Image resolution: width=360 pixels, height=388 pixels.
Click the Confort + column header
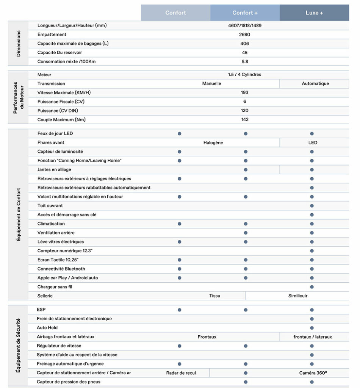[x=245, y=13]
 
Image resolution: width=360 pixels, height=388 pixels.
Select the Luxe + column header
[x=314, y=13]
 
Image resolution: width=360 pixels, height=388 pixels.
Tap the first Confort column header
[x=175, y=13]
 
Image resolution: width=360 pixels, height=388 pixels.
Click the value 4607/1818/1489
[x=244, y=25]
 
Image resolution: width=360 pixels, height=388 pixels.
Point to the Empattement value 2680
[x=244, y=34]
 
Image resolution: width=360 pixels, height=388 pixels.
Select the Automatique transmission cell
[x=315, y=83]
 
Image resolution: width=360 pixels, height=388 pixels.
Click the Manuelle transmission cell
[x=211, y=83]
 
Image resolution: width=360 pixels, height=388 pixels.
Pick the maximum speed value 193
[x=244, y=92]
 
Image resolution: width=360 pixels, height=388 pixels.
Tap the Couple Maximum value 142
[x=244, y=119]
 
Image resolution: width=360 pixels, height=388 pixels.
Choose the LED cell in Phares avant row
[x=313, y=143]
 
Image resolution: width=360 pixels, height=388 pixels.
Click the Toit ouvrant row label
[x=50, y=206]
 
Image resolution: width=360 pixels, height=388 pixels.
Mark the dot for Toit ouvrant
[x=312, y=206]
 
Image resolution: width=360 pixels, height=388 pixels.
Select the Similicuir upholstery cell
[x=298, y=296]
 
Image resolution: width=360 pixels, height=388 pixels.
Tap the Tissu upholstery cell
[x=214, y=296]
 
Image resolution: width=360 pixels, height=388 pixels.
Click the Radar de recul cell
[x=181, y=373]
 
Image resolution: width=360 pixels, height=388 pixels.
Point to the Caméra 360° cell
[x=313, y=373]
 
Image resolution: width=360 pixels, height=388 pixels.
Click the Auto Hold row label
[x=47, y=327]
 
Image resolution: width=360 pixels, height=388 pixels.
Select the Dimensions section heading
[x=19, y=44]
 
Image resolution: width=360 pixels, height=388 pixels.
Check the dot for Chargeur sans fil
[x=312, y=287]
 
